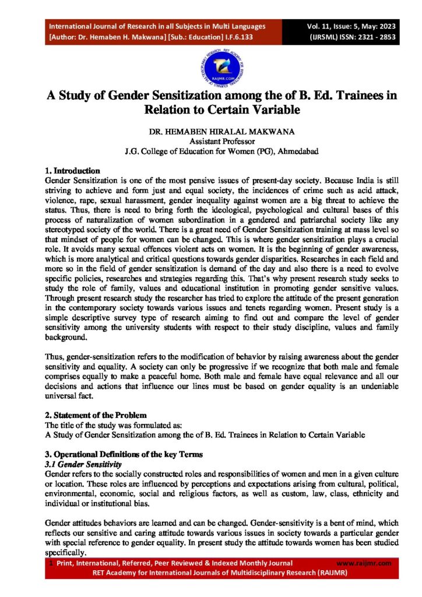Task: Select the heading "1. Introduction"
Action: [x=72, y=171]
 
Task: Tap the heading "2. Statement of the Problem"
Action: [x=96, y=415]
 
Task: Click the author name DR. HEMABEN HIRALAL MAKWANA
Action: [x=210, y=132]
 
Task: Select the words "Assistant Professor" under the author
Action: [x=210, y=141]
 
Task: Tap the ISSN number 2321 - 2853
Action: [x=371, y=36]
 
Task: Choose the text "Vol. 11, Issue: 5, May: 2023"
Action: [x=353, y=26]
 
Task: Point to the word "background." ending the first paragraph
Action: [x=65, y=337]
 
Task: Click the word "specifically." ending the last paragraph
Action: [x=66, y=553]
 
